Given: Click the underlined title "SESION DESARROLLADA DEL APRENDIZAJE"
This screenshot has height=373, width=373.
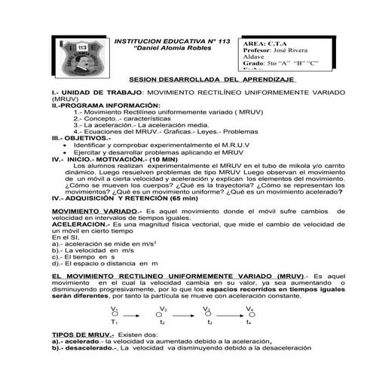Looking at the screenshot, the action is tap(209, 78).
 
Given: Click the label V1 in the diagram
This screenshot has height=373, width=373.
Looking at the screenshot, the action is tap(113, 308).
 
